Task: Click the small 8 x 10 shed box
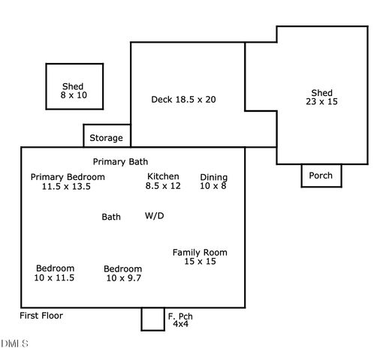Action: coord(74,86)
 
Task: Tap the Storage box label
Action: coord(106,138)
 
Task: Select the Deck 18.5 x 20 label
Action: coord(184,99)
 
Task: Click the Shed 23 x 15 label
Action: coord(322,97)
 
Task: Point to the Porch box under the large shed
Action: coord(321,175)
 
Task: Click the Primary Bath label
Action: coord(120,161)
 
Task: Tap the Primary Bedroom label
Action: coord(68,177)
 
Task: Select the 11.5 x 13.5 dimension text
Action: coord(66,187)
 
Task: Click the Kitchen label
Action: coord(163,177)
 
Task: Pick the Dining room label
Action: coord(213,178)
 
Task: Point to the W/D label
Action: coord(154,216)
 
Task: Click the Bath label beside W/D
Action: coord(111,217)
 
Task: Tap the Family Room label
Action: coord(200,253)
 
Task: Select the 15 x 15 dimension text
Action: coord(200,262)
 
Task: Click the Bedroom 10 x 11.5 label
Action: coord(55,273)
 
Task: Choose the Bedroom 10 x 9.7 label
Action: coord(122,273)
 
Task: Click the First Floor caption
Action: coord(41,316)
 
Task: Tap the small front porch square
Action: coord(152,319)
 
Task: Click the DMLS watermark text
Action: coord(15,343)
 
